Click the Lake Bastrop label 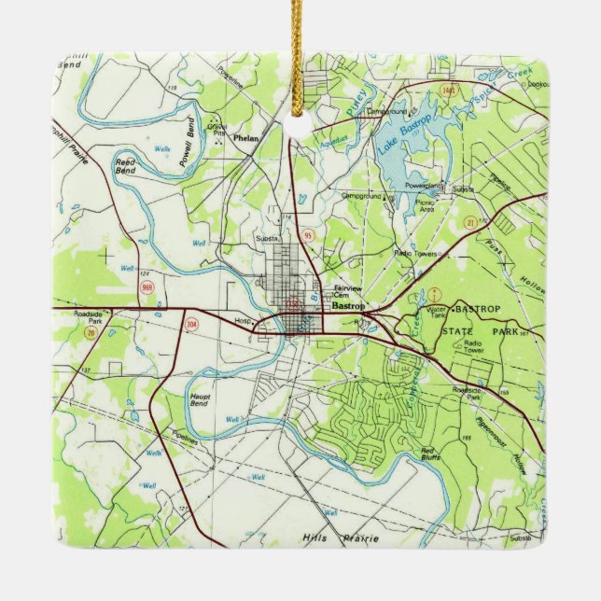point(402,134)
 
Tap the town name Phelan point(247,138)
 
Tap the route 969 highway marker point(147,287)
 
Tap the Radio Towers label point(416,253)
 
